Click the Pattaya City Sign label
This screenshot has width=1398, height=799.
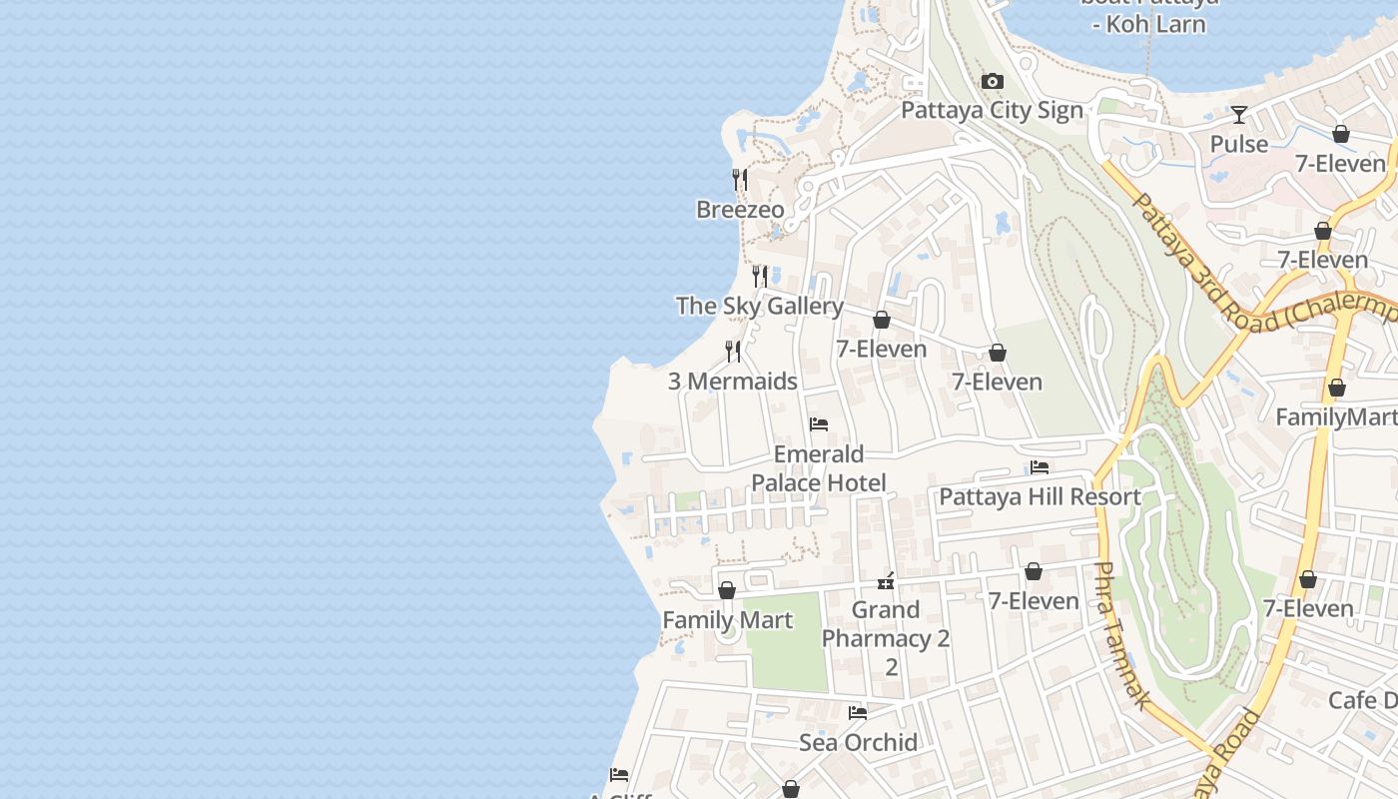(x=992, y=110)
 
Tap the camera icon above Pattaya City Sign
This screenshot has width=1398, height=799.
(x=992, y=82)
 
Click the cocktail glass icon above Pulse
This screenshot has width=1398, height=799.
(x=1239, y=115)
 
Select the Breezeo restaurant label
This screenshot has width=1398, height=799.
(x=740, y=210)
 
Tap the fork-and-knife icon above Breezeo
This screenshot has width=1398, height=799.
(x=740, y=180)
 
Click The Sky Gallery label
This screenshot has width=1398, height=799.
(x=759, y=306)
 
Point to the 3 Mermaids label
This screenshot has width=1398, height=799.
(x=733, y=382)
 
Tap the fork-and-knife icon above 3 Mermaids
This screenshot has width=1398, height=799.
(x=733, y=352)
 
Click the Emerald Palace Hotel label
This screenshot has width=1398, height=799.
(x=819, y=469)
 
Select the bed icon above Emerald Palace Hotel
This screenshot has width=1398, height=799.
(x=819, y=424)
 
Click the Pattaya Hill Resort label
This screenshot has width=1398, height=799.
(x=1040, y=496)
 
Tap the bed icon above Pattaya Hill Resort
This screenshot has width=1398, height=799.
(x=1040, y=467)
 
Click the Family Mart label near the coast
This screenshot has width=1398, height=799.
(x=727, y=620)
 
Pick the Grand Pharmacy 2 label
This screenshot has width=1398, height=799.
(x=886, y=624)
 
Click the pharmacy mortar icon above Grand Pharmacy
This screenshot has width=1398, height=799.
(x=886, y=580)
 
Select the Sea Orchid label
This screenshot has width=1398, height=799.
(x=858, y=742)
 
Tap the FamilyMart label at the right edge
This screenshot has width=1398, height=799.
(x=1336, y=416)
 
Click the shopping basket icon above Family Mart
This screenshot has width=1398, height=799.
(x=727, y=590)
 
